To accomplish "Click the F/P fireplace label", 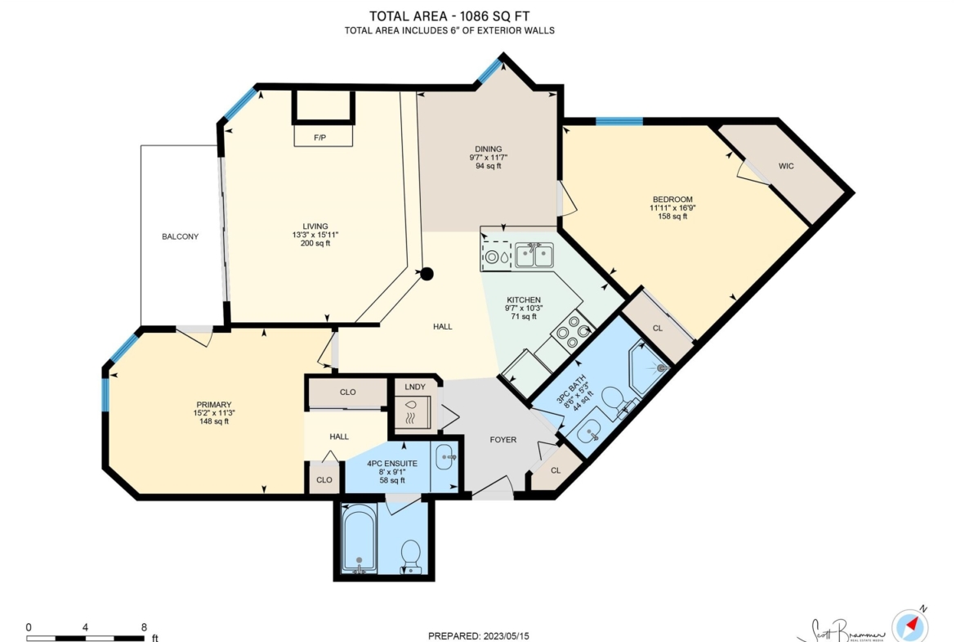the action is coord(319,138).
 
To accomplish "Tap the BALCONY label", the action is coord(180,237).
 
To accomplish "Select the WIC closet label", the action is coord(786,166).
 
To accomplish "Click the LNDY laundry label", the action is coord(414,387).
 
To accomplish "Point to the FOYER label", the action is coord(503,439).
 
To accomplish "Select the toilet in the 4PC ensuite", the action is coord(411,555).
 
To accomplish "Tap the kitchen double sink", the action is coord(534,255).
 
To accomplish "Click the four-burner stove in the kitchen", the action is coord(573,332).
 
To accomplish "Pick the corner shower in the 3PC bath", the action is coord(650,366).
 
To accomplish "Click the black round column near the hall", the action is coord(427,274).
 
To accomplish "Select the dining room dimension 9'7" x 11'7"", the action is coord(489,158).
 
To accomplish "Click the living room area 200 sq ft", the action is coord(315,244).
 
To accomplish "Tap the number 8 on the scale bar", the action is coord(144,627).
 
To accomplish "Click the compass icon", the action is coord(910,625).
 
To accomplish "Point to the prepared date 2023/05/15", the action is coord(506,636).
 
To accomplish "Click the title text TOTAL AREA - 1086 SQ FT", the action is coord(449,16).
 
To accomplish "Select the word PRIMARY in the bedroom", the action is coord(214,405).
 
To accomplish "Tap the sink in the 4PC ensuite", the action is coord(445,457).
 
